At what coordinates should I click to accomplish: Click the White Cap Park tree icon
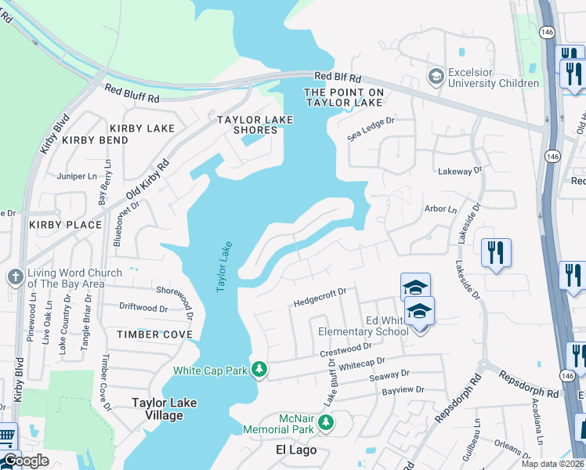(259, 370)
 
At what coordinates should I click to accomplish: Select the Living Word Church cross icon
(15, 277)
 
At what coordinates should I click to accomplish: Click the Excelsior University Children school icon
(436, 77)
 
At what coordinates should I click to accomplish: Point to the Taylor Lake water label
(223, 267)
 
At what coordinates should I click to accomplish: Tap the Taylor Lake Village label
(164, 409)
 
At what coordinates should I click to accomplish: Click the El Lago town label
(296, 450)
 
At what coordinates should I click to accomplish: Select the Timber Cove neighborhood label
(154, 334)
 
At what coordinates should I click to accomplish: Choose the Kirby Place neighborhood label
(66, 225)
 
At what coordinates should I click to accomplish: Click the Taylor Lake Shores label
(255, 125)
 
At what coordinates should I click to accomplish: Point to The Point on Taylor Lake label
(345, 97)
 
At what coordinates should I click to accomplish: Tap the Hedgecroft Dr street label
(320, 297)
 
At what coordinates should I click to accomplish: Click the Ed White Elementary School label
(364, 326)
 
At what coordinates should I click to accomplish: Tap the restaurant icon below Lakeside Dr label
(496, 253)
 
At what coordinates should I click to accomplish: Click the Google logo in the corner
(26, 461)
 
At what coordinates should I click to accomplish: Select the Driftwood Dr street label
(143, 307)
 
